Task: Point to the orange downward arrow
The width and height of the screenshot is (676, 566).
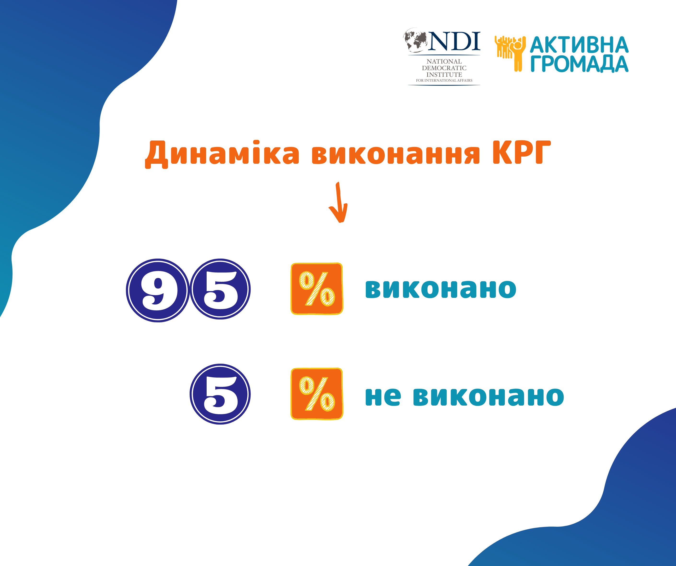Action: click(338, 202)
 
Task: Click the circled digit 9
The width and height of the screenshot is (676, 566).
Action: click(158, 290)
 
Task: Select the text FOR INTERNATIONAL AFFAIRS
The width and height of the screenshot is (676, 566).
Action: click(444, 80)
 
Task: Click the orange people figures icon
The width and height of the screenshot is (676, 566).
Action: click(510, 53)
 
